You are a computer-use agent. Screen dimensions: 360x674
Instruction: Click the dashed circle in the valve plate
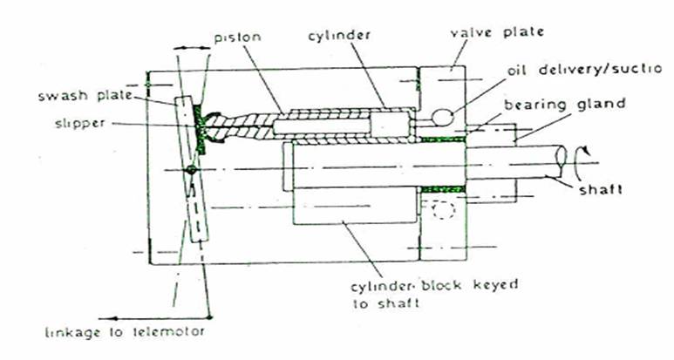pyautogui.click(x=439, y=211)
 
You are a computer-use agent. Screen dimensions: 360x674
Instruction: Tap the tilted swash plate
pyautogui.click(x=194, y=192)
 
